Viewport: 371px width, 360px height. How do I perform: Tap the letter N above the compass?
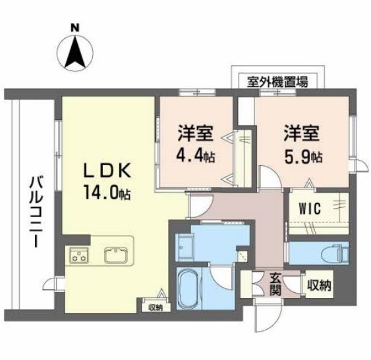tap(74, 28)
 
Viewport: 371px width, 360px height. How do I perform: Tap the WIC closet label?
tap(308, 209)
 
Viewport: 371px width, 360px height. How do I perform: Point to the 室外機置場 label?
tap(277, 82)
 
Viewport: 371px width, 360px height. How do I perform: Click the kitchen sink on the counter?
tap(116, 255)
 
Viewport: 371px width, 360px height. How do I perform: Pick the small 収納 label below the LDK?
tap(154, 307)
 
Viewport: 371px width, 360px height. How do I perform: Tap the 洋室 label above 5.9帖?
tap(302, 134)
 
